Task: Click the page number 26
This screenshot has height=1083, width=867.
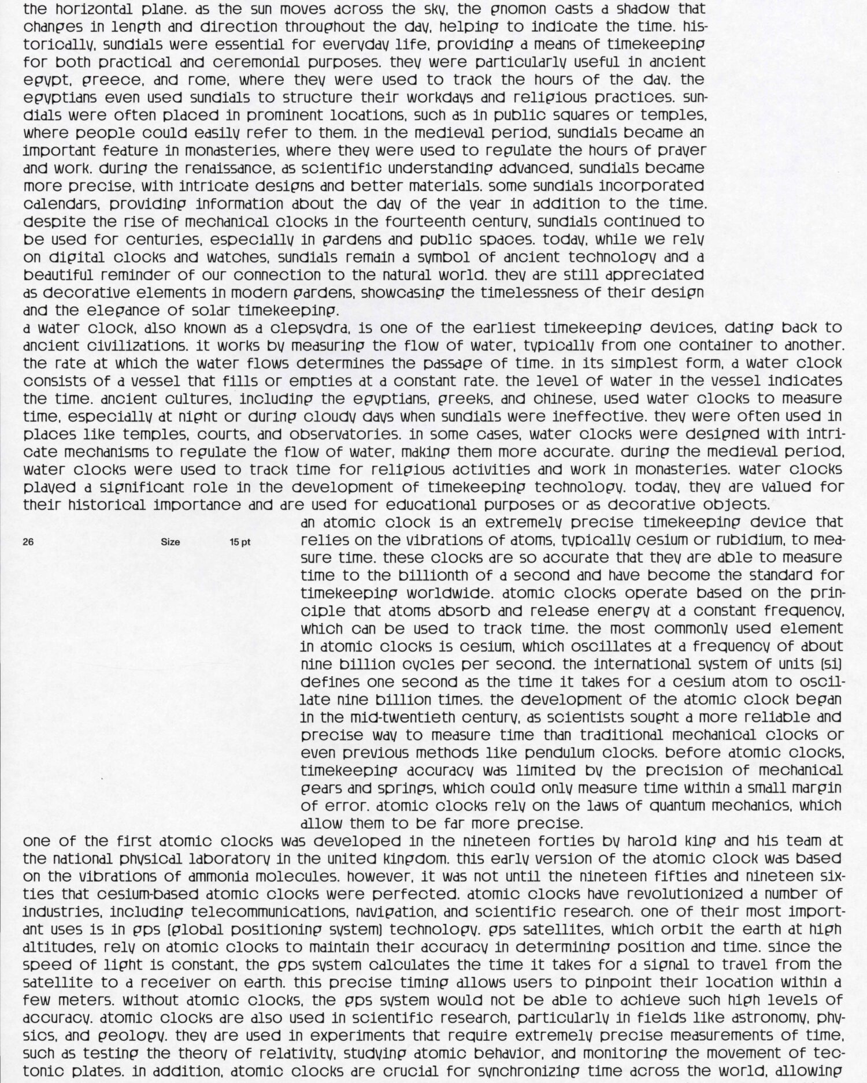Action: [x=28, y=542]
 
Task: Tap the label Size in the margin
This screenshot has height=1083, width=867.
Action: [x=171, y=542]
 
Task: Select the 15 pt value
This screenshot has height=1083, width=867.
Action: [x=240, y=542]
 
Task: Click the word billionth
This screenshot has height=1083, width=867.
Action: [x=441, y=575]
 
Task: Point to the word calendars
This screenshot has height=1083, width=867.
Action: [x=62, y=204]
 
